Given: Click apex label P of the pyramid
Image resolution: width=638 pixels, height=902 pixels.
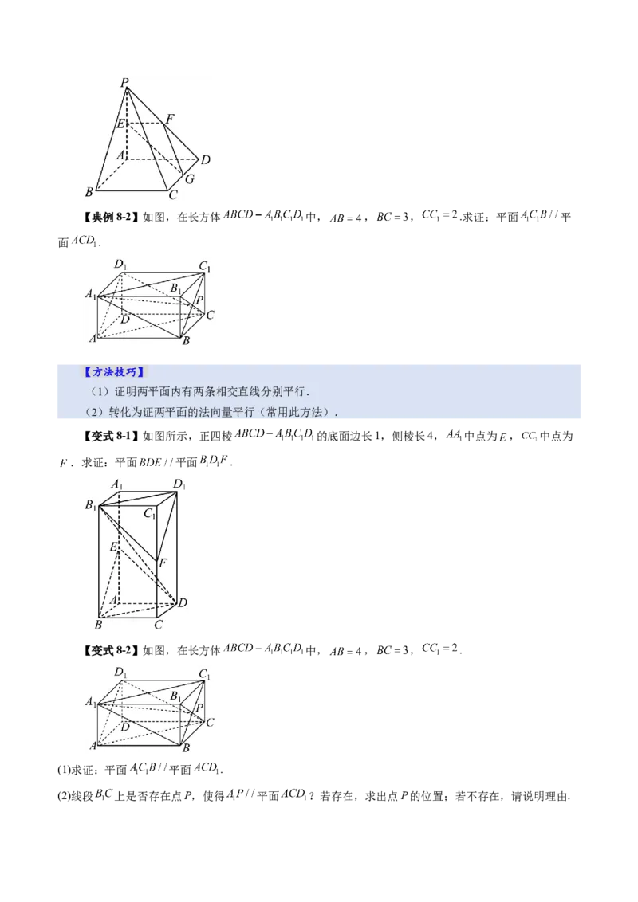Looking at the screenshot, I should [124, 82].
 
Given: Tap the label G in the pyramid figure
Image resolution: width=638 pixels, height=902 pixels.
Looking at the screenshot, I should [190, 179].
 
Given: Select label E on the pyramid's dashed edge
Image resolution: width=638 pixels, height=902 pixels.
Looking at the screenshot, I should [120, 124].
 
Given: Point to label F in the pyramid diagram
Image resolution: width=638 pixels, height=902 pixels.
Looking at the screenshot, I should [170, 119].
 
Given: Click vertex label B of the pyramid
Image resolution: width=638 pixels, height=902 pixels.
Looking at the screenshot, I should [89, 192].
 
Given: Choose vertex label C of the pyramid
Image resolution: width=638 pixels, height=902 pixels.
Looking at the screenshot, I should [173, 194].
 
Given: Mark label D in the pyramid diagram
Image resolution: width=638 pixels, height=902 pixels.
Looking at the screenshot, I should [205, 160].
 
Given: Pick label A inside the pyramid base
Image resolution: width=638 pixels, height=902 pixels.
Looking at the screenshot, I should [120, 155].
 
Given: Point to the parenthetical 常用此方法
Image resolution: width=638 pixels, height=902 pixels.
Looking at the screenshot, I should [301, 413].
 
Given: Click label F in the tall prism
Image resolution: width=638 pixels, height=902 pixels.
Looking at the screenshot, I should [163, 563].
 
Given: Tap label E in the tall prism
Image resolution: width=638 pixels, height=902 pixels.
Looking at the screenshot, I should [115, 547].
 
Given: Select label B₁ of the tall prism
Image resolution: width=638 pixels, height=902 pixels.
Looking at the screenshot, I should [91, 506].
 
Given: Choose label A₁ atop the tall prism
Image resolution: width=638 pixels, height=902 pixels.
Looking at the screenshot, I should [116, 484].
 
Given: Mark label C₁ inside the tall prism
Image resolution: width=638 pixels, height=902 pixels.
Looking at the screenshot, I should [149, 515].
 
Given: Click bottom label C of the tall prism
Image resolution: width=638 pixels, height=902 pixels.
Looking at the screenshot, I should [159, 625].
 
